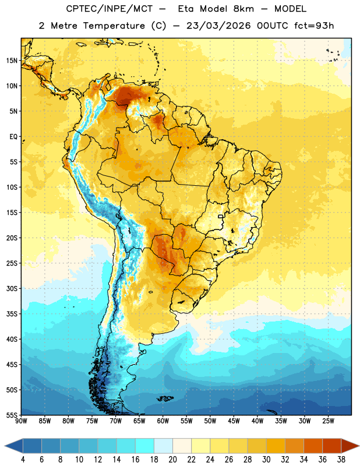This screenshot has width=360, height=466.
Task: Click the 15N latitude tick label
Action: (x=12, y=61)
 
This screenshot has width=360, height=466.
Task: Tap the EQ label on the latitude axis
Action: (x=13, y=137)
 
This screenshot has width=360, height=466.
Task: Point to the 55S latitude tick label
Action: (x=12, y=415)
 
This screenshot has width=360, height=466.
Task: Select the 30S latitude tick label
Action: (x=12, y=288)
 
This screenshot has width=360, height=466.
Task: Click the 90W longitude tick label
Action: (x=21, y=421)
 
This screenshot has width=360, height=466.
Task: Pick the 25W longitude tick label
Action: (x=329, y=421)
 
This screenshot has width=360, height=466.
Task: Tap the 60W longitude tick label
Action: (x=163, y=421)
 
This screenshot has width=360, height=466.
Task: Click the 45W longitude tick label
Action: (x=234, y=421)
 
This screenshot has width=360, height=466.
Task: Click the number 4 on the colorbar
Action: (x=23, y=460)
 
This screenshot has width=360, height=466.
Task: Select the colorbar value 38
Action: (x=341, y=460)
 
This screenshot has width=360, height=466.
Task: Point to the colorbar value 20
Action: (x=172, y=460)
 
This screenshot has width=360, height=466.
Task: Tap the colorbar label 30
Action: (x=266, y=460)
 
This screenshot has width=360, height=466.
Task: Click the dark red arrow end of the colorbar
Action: (x=350, y=446)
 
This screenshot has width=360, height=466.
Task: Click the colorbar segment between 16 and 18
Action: (x=145, y=446)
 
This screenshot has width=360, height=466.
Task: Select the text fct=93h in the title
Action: (x=314, y=26)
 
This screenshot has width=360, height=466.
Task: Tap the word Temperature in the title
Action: (x=114, y=26)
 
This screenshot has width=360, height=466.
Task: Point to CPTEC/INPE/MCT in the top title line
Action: (x=110, y=9)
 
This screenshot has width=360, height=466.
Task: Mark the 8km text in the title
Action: (x=243, y=9)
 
